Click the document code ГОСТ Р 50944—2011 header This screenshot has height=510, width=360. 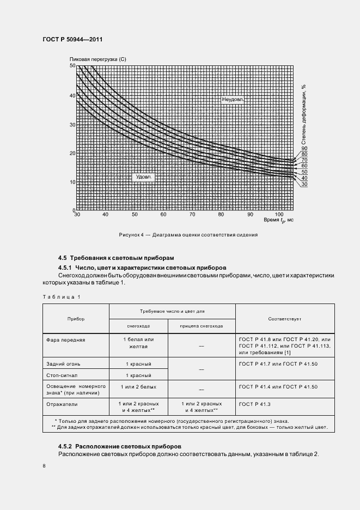coord(72,40)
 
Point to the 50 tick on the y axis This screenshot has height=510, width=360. coord(72,65)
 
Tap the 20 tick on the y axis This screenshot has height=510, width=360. coord(72,153)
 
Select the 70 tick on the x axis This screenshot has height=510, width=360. coord(192,215)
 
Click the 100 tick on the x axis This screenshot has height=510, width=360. coord(279,215)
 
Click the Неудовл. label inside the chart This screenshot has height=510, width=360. coord(232,100)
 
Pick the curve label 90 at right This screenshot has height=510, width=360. coord(304,148)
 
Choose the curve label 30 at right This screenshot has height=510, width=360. coord(304,184)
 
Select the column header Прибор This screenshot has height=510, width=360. coord(76,318)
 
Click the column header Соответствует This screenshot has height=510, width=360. coord(285,318)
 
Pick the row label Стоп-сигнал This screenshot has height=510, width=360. coord(62,375)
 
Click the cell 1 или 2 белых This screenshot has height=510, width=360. coord(138,387)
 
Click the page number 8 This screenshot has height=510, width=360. coord(44,466)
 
